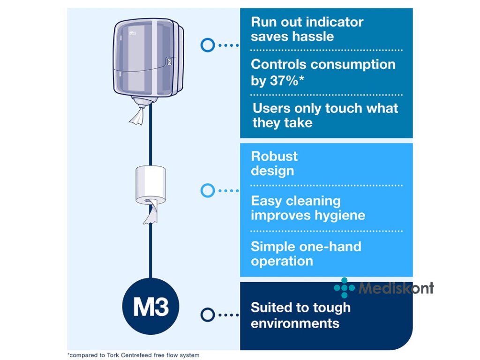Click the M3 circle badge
pos(150,306)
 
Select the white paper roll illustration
pos(150,185)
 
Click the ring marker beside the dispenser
pos(208,45)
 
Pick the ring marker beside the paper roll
pos(208,190)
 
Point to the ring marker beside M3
pos(208,315)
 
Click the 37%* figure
pos(287,81)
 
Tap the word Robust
pos(274,156)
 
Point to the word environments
pos(295,323)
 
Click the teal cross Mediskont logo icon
pos(345,288)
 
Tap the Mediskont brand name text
pos(396,288)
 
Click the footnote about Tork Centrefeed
pos(134,355)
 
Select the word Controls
pos(278,65)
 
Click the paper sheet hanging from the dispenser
pos(137,115)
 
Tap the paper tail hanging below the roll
pos(150,213)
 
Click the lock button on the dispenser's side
pos(169,62)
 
